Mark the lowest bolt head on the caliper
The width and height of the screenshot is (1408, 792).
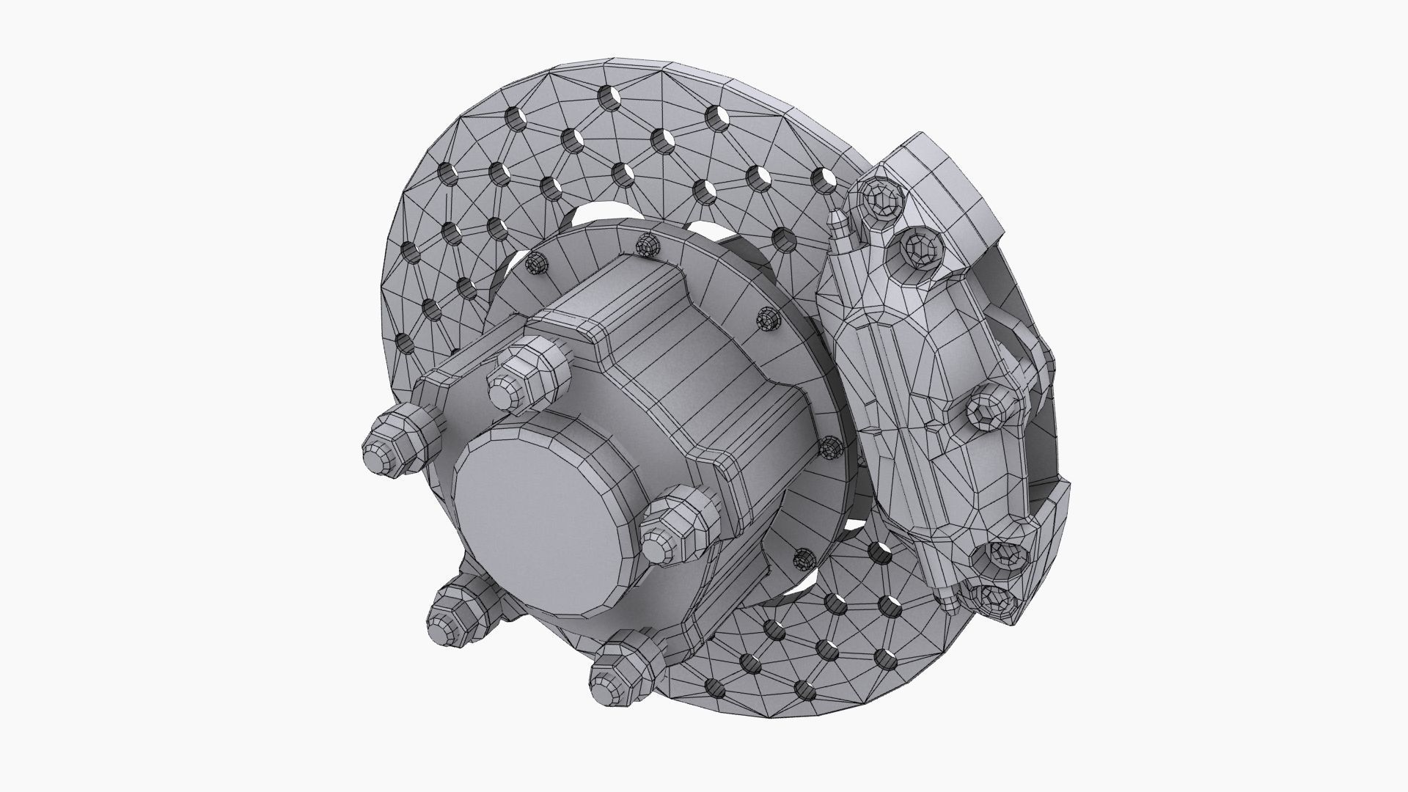tap(994, 598)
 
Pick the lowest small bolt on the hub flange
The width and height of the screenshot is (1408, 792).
tap(804, 559)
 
